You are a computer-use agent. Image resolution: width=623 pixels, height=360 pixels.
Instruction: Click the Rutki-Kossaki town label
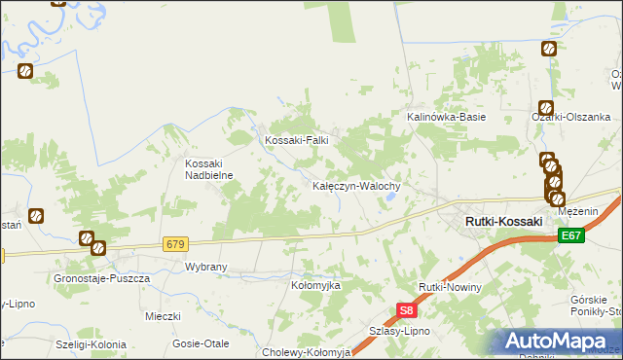click(x=503, y=222)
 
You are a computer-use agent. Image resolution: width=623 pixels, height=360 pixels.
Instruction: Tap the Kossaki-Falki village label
click(x=298, y=140)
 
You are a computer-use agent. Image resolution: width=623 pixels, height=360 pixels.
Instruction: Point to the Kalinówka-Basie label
click(x=446, y=117)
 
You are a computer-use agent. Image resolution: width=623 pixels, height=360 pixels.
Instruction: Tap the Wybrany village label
click(x=205, y=266)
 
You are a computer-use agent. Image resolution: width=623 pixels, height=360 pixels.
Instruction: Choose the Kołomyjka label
click(x=315, y=285)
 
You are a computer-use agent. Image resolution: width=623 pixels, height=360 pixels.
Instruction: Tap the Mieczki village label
click(x=164, y=316)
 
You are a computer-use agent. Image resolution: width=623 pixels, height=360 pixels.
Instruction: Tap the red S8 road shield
click(x=407, y=311)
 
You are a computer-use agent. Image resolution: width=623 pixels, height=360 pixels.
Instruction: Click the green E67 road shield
click(x=571, y=235)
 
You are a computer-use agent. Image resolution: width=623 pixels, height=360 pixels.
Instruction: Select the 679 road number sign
click(x=175, y=243)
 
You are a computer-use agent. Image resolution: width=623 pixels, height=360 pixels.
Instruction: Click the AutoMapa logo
click(x=559, y=342)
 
